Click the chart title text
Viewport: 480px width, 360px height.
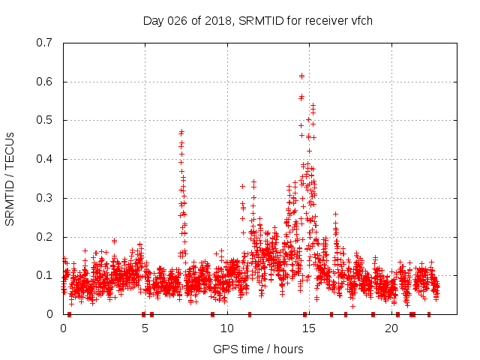[258, 20]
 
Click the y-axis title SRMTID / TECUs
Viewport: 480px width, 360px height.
[10, 178]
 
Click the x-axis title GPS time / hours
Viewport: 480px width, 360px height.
[258, 349]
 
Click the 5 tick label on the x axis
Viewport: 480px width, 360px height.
[145, 328]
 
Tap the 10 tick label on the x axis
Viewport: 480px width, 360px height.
[227, 328]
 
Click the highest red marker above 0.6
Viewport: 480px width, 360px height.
[301, 76]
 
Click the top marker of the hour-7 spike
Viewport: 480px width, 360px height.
[181, 132]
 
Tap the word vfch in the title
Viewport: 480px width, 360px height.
[360, 20]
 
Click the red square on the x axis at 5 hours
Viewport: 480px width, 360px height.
[143, 314]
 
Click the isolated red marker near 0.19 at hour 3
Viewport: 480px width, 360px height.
[114, 241]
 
